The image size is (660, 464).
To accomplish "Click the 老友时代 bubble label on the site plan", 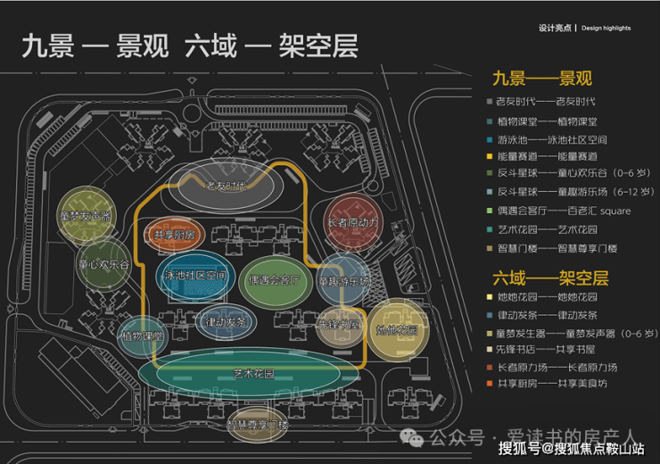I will (x=226, y=186).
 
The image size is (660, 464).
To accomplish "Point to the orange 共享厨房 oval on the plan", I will (x=175, y=234).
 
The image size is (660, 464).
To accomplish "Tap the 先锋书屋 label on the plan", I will (x=338, y=325).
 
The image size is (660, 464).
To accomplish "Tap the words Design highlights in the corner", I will (x=606, y=29).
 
